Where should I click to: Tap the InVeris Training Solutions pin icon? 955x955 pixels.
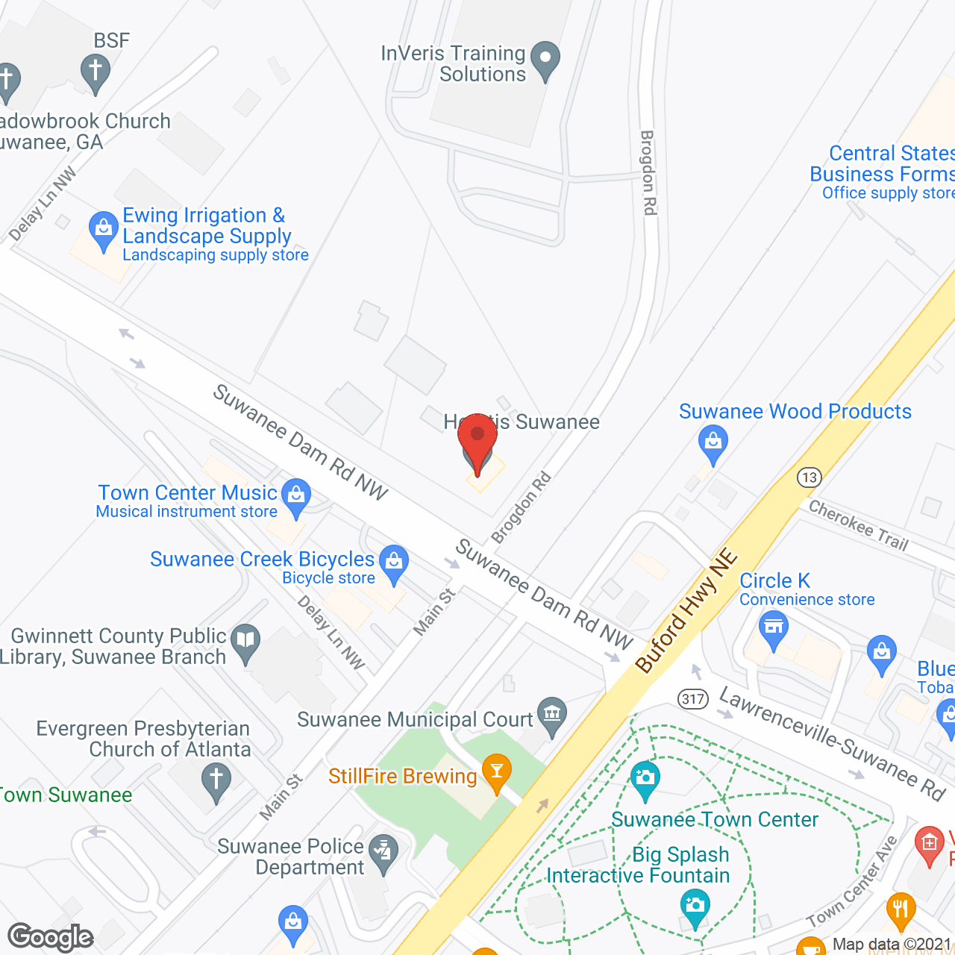[x=546, y=59]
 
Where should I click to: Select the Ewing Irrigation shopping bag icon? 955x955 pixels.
[x=103, y=228]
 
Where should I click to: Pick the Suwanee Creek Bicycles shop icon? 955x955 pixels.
[x=393, y=563]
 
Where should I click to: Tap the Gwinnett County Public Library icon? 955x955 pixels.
[x=245, y=641]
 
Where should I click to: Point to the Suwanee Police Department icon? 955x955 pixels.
[x=384, y=851]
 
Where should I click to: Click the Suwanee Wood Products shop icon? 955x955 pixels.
[x=713, y=442]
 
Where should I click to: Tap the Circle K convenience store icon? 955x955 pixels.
[x=773, y=627]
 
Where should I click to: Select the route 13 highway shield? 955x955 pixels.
[x=809, y=477]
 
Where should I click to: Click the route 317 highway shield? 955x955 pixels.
[x=693, y=699]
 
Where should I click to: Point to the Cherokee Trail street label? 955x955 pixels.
[x=859, y=525]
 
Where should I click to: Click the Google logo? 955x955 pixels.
[x=51, y=937]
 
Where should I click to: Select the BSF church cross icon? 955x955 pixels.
[x=95, y=73]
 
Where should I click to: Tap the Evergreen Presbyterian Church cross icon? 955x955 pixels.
[x=216, y=781]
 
